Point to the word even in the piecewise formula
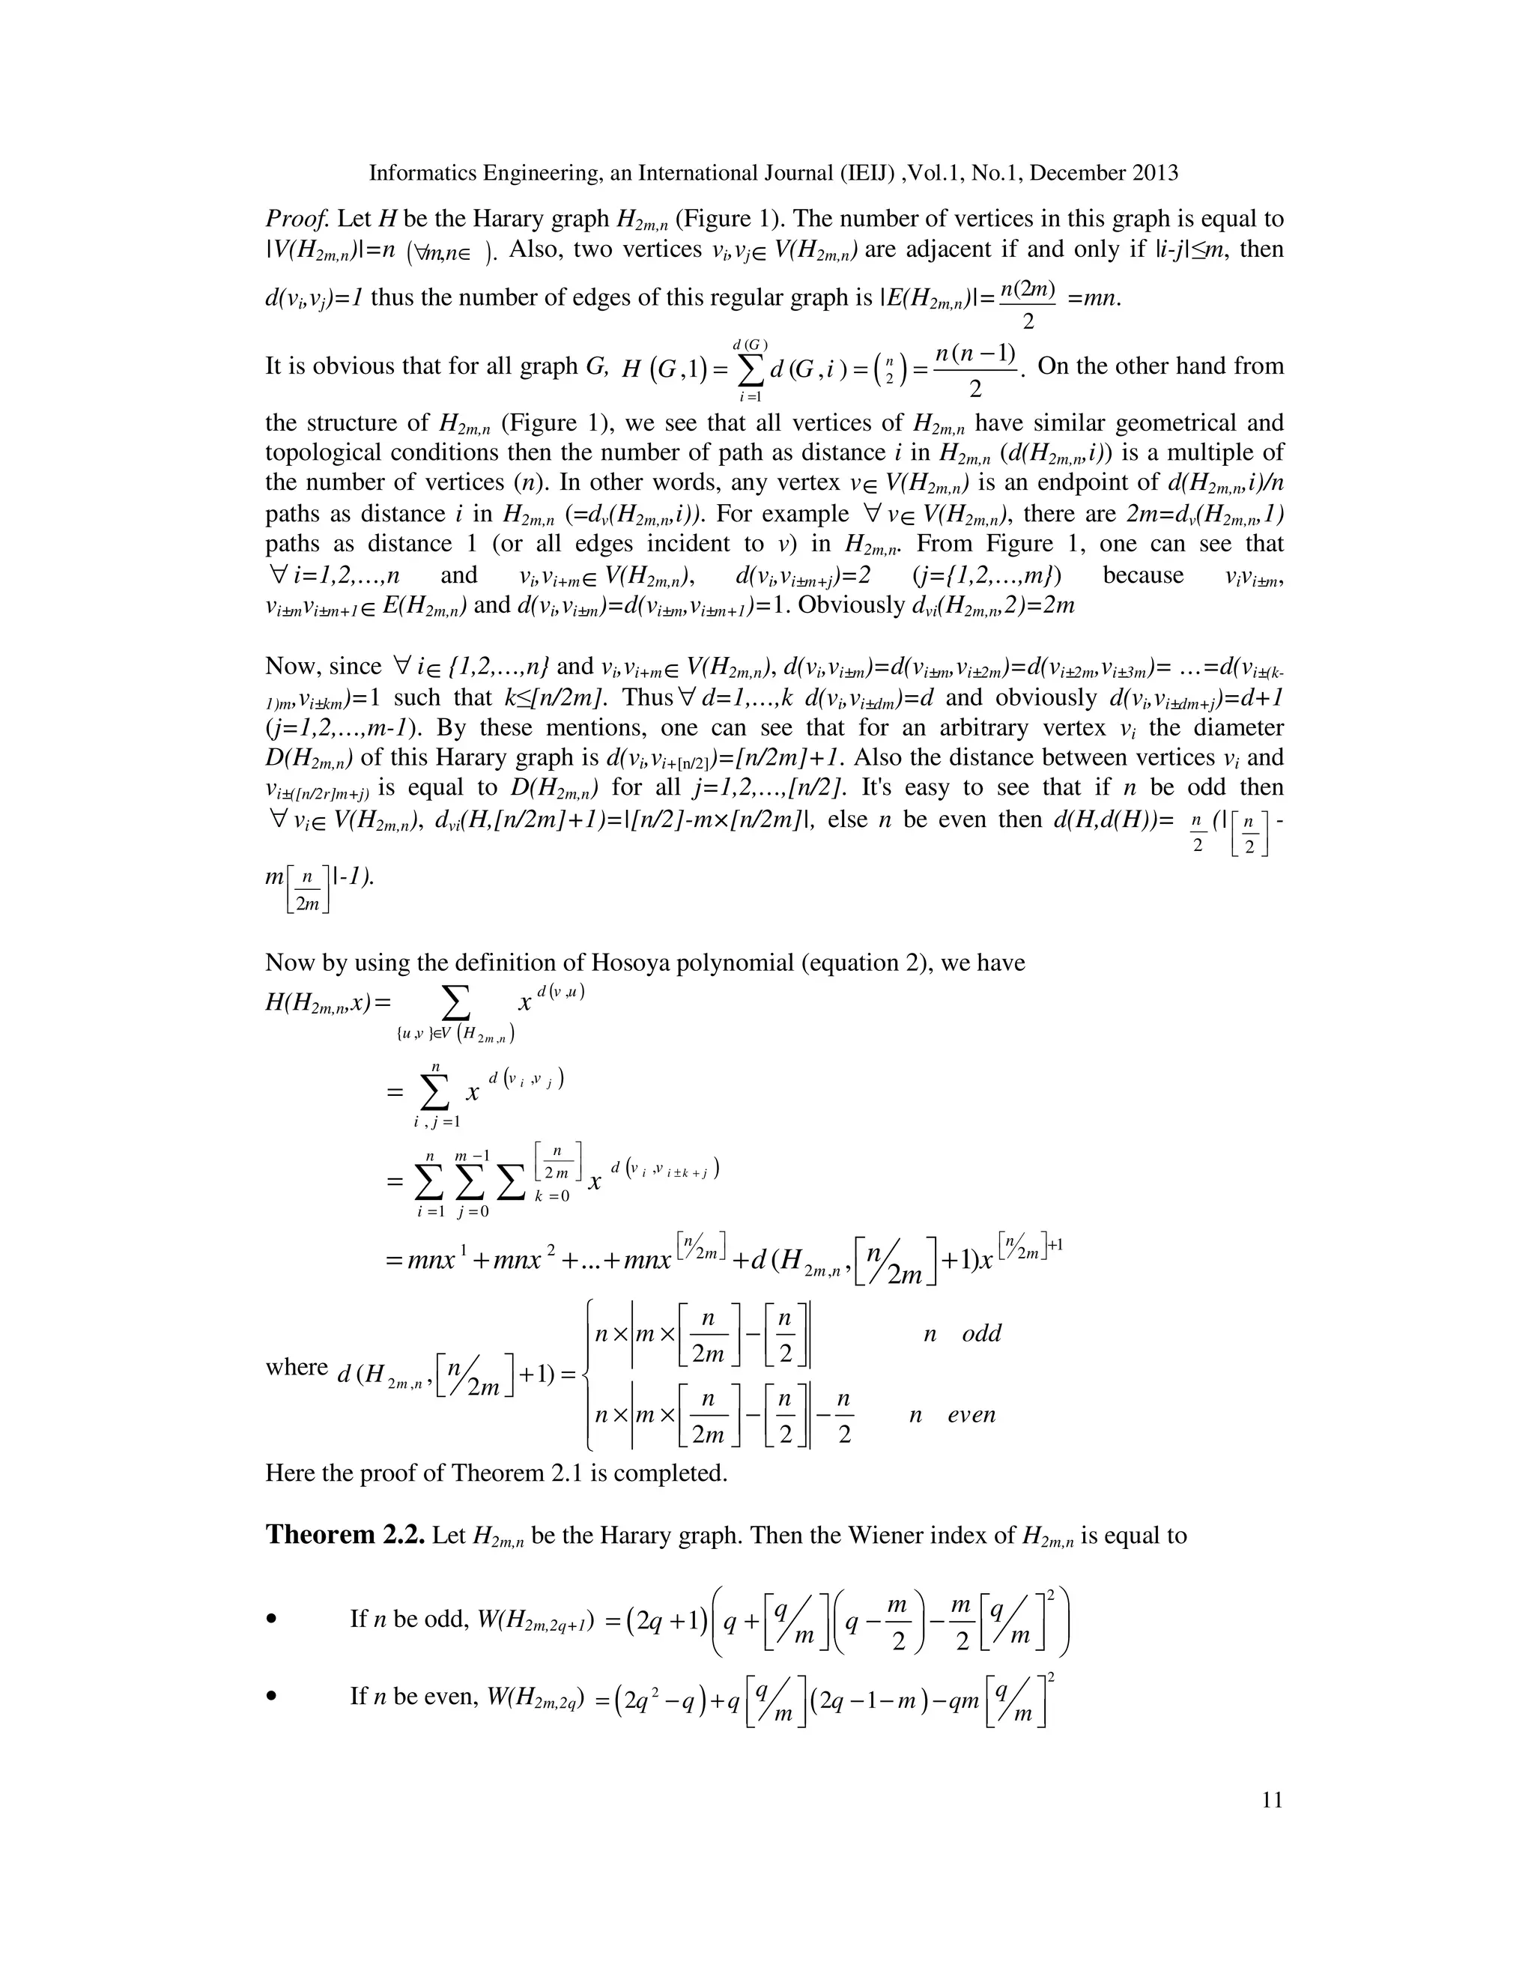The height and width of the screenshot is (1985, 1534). click(x=971, y=1414)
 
